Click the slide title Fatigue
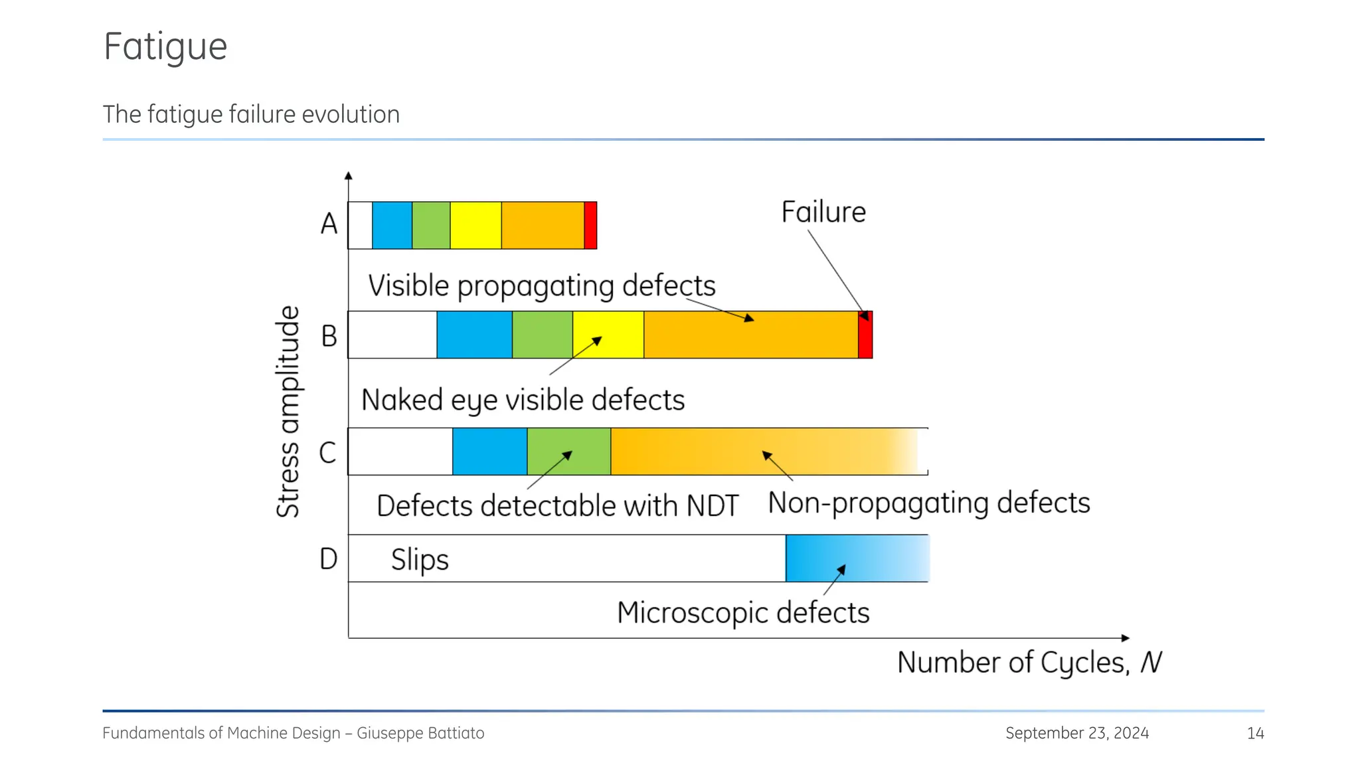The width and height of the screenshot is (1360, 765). point(165,46)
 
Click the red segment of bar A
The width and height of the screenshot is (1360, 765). point(590,226)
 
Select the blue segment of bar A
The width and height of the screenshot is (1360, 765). point(392,226)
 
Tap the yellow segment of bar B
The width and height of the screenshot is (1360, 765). point(608,335)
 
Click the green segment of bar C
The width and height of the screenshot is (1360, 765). point(568,452)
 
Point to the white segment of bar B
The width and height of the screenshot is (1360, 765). point(392,335)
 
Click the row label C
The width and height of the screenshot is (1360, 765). point(327,453)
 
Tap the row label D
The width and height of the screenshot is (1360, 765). point(328,559)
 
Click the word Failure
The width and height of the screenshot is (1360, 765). point(823,212)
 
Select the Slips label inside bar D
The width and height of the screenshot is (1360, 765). point(420,560)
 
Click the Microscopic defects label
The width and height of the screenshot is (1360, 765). point(742,612)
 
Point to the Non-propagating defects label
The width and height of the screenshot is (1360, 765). point(928,503)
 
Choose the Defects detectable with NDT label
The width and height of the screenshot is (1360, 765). point(556,506)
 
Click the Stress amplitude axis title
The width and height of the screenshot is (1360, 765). point(288,412)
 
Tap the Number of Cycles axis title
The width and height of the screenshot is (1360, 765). point(1029,662)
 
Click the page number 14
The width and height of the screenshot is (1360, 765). point(1255,733)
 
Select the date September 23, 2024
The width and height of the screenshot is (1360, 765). point(1076,733)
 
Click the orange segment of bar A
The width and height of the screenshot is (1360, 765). point(542,226)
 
